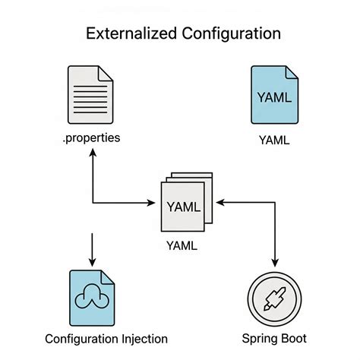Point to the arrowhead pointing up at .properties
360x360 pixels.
click(x=92, y=153)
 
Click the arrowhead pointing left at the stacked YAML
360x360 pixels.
click(x=219, y=203)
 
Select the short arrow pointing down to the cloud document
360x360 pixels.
click(x=92, y=248)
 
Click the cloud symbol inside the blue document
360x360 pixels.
click(x=91, y=299)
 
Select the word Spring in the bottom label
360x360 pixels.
click(x=257, y=338)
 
